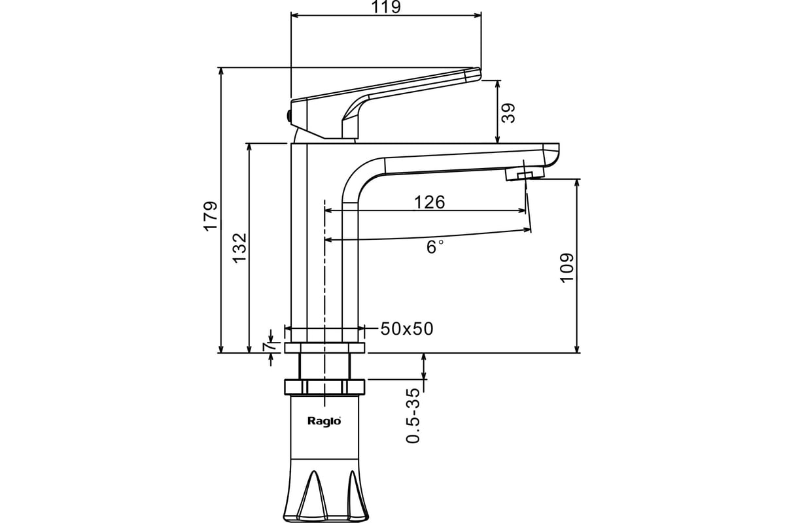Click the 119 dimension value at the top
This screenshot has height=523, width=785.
pos(385,7)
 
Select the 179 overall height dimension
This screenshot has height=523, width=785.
pos(211,216)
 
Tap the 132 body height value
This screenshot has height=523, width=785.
pos(239,248)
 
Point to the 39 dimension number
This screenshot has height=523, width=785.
pos(508,113)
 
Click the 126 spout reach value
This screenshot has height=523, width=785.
pos(430,202)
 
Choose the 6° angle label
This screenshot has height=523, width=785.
pos(435,246)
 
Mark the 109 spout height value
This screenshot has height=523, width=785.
pos(567,267)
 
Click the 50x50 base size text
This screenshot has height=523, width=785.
pos(407,329)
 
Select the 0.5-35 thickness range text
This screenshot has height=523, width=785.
pos(413,415)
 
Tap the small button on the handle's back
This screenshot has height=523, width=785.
pos(288,116)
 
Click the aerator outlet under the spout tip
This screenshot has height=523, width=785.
pos(525,175)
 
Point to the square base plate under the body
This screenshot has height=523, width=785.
pos(324,348)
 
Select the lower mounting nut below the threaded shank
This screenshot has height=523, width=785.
pos(324,387)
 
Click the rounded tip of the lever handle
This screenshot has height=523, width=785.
pos(473,75)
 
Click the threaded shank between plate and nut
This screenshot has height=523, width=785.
pos(324,366)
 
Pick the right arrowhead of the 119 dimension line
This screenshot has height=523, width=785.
pos(478,15)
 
